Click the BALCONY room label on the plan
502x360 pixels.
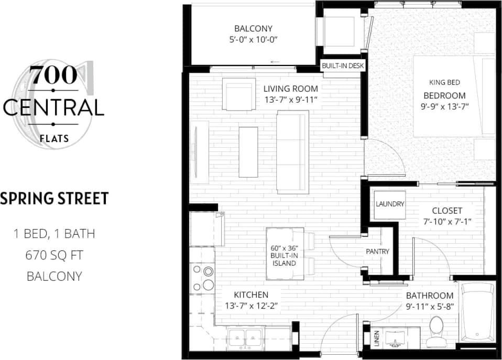253,29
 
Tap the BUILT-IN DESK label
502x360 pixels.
343,66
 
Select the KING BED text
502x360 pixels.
444,83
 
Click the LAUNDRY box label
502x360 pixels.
390,204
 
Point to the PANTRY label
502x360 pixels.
377,252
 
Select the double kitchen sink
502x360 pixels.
246,335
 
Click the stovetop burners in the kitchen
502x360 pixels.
202,278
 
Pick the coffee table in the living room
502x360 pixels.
248,151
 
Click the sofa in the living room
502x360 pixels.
292,152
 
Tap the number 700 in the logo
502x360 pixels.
53,76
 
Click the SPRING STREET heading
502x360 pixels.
54,199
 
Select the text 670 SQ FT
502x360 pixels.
54,255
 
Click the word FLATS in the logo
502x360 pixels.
53,139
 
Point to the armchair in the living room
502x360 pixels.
238,94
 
